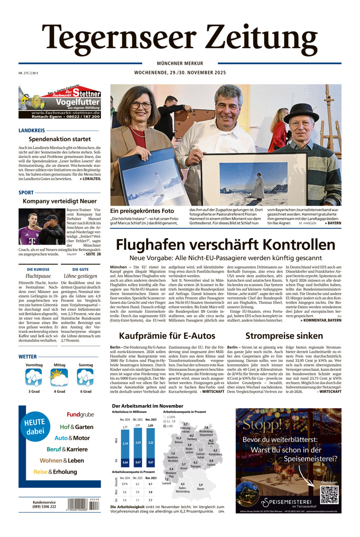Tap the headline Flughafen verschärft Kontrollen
(x=225, y=245)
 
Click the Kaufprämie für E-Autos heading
(x=167, y=335)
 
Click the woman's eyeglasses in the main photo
(x=141, y=105)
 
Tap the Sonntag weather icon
(x=85, y=377)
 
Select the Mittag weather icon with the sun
(x=59, y=377)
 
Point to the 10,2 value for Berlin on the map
(x=211, y=440)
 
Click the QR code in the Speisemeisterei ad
(x=329, y=494)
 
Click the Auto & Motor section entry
(x=72, y=438)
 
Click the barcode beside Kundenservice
(x=83, y=504)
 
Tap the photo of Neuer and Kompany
(x=41, y=226)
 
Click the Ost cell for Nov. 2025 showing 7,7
(x=150, y=499)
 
